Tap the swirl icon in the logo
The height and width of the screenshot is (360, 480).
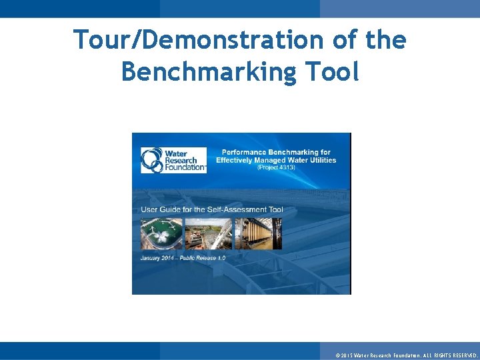point(151,160)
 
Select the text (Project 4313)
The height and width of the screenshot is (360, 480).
point(276,167)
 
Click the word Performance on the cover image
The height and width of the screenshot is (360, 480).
point(245,152)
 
